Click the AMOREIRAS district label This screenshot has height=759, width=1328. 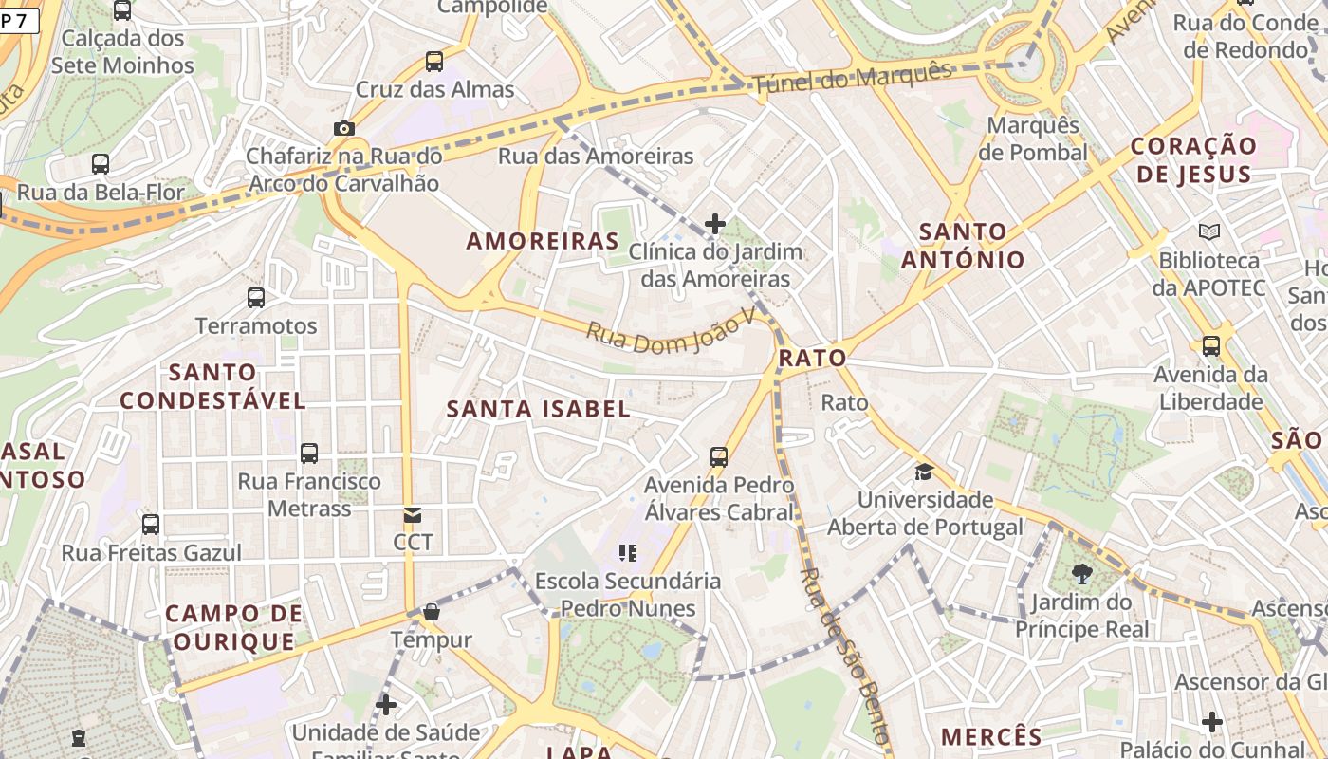click(543, 241)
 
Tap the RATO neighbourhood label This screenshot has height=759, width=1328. click(812, 358)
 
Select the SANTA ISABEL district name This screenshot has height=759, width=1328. click(538, 409)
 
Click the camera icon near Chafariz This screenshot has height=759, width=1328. click(343, 128)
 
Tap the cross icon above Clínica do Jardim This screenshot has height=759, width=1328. click(715, 224)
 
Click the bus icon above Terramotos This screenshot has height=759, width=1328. click(256, 298)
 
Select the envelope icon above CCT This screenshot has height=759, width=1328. click(413, 515)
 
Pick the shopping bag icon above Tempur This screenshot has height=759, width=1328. click(432, 612)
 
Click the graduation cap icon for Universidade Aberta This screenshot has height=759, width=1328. click(924, 472)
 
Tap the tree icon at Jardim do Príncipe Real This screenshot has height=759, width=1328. click(1081, 573)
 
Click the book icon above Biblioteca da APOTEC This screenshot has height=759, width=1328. click(1209, 231)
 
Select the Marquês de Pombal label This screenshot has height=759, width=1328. click(1033, 139)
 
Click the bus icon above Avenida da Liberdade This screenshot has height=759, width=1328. click(1211, 346)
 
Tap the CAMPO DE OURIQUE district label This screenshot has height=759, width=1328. click(233, 628)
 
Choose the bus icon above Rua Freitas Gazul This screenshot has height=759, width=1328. click(151, 525)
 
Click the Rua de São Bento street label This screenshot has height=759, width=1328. click(844, 655)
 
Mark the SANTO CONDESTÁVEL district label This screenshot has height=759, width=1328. click(212, 386)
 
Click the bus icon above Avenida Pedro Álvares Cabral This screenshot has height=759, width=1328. click(719, 457)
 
